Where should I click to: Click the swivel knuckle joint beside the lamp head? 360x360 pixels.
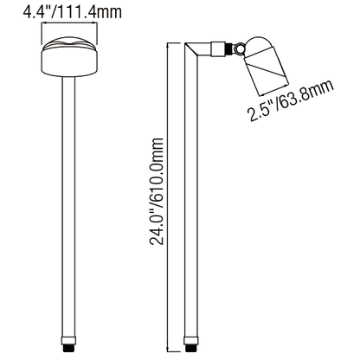coord(235,48)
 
